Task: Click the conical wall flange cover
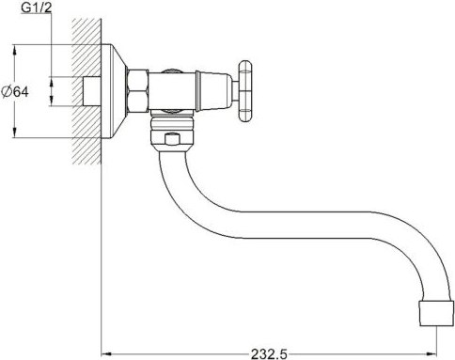tap(115, 91)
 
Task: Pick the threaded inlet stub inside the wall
tap(91, 92)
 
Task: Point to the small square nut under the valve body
tap(171, 141)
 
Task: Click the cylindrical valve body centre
tap(175, 91)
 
